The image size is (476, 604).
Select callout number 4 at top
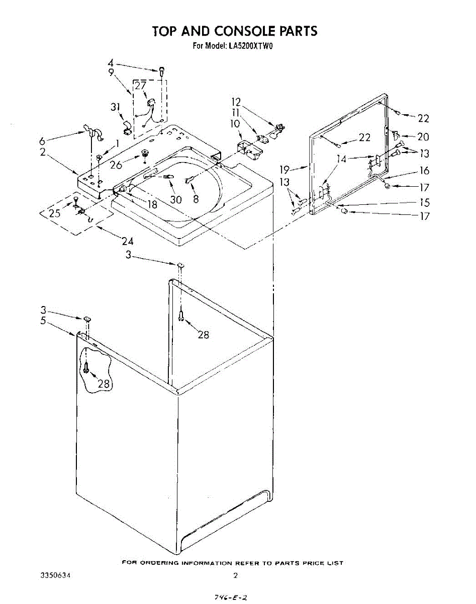tap(110, 63)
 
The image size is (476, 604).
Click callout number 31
tap(115, 107)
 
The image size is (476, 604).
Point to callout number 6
tap(42, 141)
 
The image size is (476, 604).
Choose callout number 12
tap(236, 102)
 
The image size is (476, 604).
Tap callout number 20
tap(423, 137)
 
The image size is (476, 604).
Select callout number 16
tap(424, 171)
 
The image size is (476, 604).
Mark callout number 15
tap(424, 203)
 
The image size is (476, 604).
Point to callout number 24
tap(127, 242)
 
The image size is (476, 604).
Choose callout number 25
tap(54, 213)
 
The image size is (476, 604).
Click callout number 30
tap(175, 200)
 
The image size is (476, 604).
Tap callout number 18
tap(151, 204)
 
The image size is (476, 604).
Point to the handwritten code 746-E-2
tap(230, 597)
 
